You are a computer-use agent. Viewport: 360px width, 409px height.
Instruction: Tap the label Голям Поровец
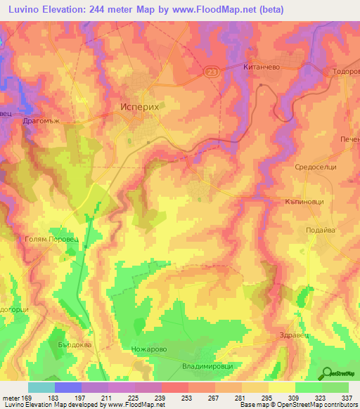click(44, 239)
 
